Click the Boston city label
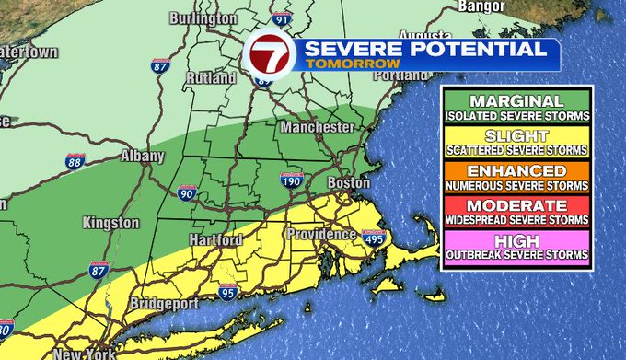click(x=349, y=182)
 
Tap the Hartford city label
click(x=214, y=239)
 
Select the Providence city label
click(x=320, y=234)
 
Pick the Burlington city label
click(x=195, y=18)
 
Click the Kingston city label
click(x=110, y=223)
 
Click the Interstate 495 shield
click(x=373, y=240)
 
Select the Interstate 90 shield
click(x=187, y=192)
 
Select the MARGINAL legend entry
click(x=516, y=107)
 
